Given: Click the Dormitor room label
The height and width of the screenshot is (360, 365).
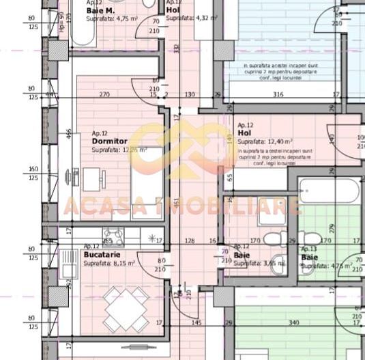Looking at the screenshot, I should click(109, 141).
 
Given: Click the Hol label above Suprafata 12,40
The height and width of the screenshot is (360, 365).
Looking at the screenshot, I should click(245, 133).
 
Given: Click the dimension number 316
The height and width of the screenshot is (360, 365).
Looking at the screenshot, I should click(278, 95).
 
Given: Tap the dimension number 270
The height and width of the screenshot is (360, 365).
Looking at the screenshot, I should click(104, 94).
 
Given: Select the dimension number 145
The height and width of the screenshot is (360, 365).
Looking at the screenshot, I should click(196, 322).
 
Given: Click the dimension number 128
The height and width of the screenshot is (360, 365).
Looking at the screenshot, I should click(190, 240).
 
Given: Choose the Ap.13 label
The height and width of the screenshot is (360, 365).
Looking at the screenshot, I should click(309, 249).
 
